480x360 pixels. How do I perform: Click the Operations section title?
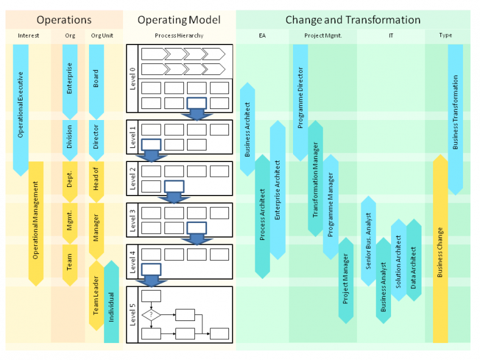[x=64, y=20]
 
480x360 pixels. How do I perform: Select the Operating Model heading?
[x=178, y=20]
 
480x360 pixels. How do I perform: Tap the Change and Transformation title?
[x=353, y=20]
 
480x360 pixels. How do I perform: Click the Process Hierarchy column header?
[x=179, y=36]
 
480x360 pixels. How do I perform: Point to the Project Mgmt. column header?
[x=323, y=36]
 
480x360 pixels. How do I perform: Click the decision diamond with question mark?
[x=152, y=315]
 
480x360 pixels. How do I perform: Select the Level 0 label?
[x=133, y=79]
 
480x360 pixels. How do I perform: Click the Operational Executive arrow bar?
[x=21, y=107]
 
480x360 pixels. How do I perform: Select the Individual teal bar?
[x=111, y=302]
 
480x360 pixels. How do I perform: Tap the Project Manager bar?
[x=345, y=280]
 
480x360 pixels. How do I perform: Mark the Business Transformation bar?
[x=455, y=116]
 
